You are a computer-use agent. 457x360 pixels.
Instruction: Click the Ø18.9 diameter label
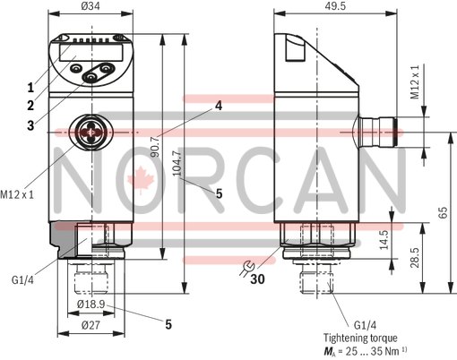coord(90,305)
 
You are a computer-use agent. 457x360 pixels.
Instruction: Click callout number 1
coord(30,88)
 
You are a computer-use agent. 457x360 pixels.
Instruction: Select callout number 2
coord(30,106)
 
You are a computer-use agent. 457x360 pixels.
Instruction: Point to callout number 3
coord(30,124)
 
